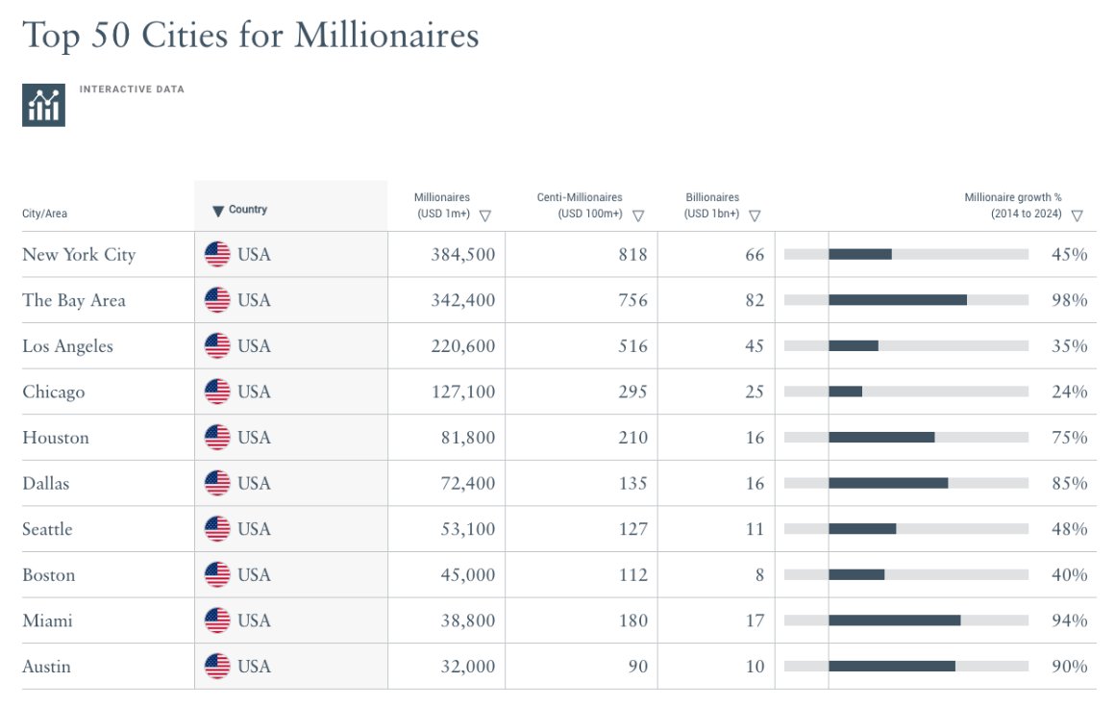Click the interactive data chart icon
click(x=43, y=105)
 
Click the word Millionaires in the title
click(x=386, y=36)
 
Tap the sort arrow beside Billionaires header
click(x=755, y=215)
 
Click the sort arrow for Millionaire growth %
click(x=1077, y=215)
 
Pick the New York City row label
click(x=79, y=255)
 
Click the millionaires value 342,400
click(x=463, y=300)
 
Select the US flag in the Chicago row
click(x=217, y=392)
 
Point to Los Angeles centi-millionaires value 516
click(x=632, y=346)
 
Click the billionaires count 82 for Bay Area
click(x=754, y=300)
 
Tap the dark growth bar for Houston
click(x=881, y=438)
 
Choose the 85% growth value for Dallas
click(x=1069, y=483)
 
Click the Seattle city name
click(x=47, y=529)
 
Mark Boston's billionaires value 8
click(x=758, y=575)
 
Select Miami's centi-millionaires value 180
click(x=632, y=620)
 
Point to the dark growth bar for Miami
click(x=894, y=620)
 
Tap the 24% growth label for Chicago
click(x=1069, y=392)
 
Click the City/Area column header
click(x=44, y=214)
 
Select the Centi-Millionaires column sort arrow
click(x=638, y=215)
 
